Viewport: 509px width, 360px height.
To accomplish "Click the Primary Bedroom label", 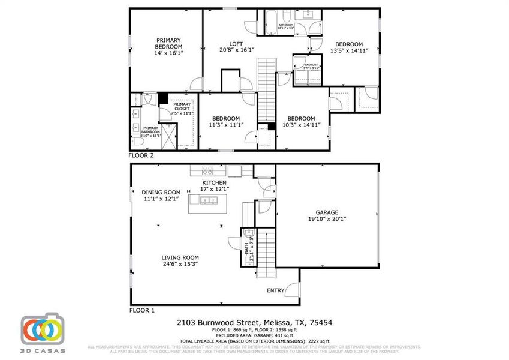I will point(168,43).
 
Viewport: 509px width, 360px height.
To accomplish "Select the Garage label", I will point(327,212).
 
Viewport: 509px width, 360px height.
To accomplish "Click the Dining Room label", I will point(161,193).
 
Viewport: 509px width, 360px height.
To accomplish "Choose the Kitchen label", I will point(214,182).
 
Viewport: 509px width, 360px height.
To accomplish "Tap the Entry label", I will point(276,290).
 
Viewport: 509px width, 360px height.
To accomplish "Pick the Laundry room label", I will point(311,65).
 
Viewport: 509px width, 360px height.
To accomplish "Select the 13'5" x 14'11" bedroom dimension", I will point(348,51).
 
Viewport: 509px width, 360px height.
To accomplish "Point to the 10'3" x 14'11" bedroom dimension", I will point(300,125).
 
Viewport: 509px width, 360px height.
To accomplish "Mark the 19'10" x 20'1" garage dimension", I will point(327,219).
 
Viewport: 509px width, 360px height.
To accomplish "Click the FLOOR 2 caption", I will point(141,155).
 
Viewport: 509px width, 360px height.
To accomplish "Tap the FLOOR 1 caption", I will point(142,311).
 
